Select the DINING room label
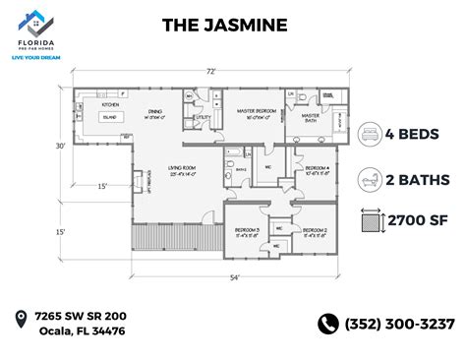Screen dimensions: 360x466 [x=154, y=111]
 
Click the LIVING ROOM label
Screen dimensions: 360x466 [x=181, y=168]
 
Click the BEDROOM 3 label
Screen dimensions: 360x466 [x=245, y=231]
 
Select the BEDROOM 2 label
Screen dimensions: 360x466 [x=315, y=231]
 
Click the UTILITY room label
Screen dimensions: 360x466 [x=204, y=118]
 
